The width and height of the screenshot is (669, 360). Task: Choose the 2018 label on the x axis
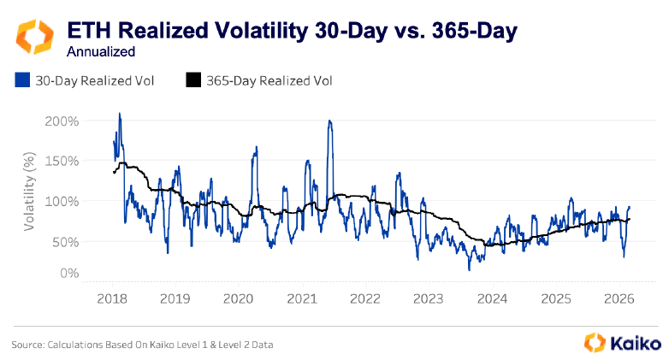pos(112,299)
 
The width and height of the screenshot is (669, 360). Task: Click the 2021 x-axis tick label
pos(301,299)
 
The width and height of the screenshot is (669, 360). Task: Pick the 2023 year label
pos(428,299)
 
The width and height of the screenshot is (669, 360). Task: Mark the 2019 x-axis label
pos(175,299)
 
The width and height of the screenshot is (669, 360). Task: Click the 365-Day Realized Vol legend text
pos(269,80)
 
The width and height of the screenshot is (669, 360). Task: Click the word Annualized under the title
pos(101,51)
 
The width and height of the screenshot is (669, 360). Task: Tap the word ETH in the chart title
pos(89,32)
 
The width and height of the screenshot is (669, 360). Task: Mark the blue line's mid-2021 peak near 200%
pos(329,121)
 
